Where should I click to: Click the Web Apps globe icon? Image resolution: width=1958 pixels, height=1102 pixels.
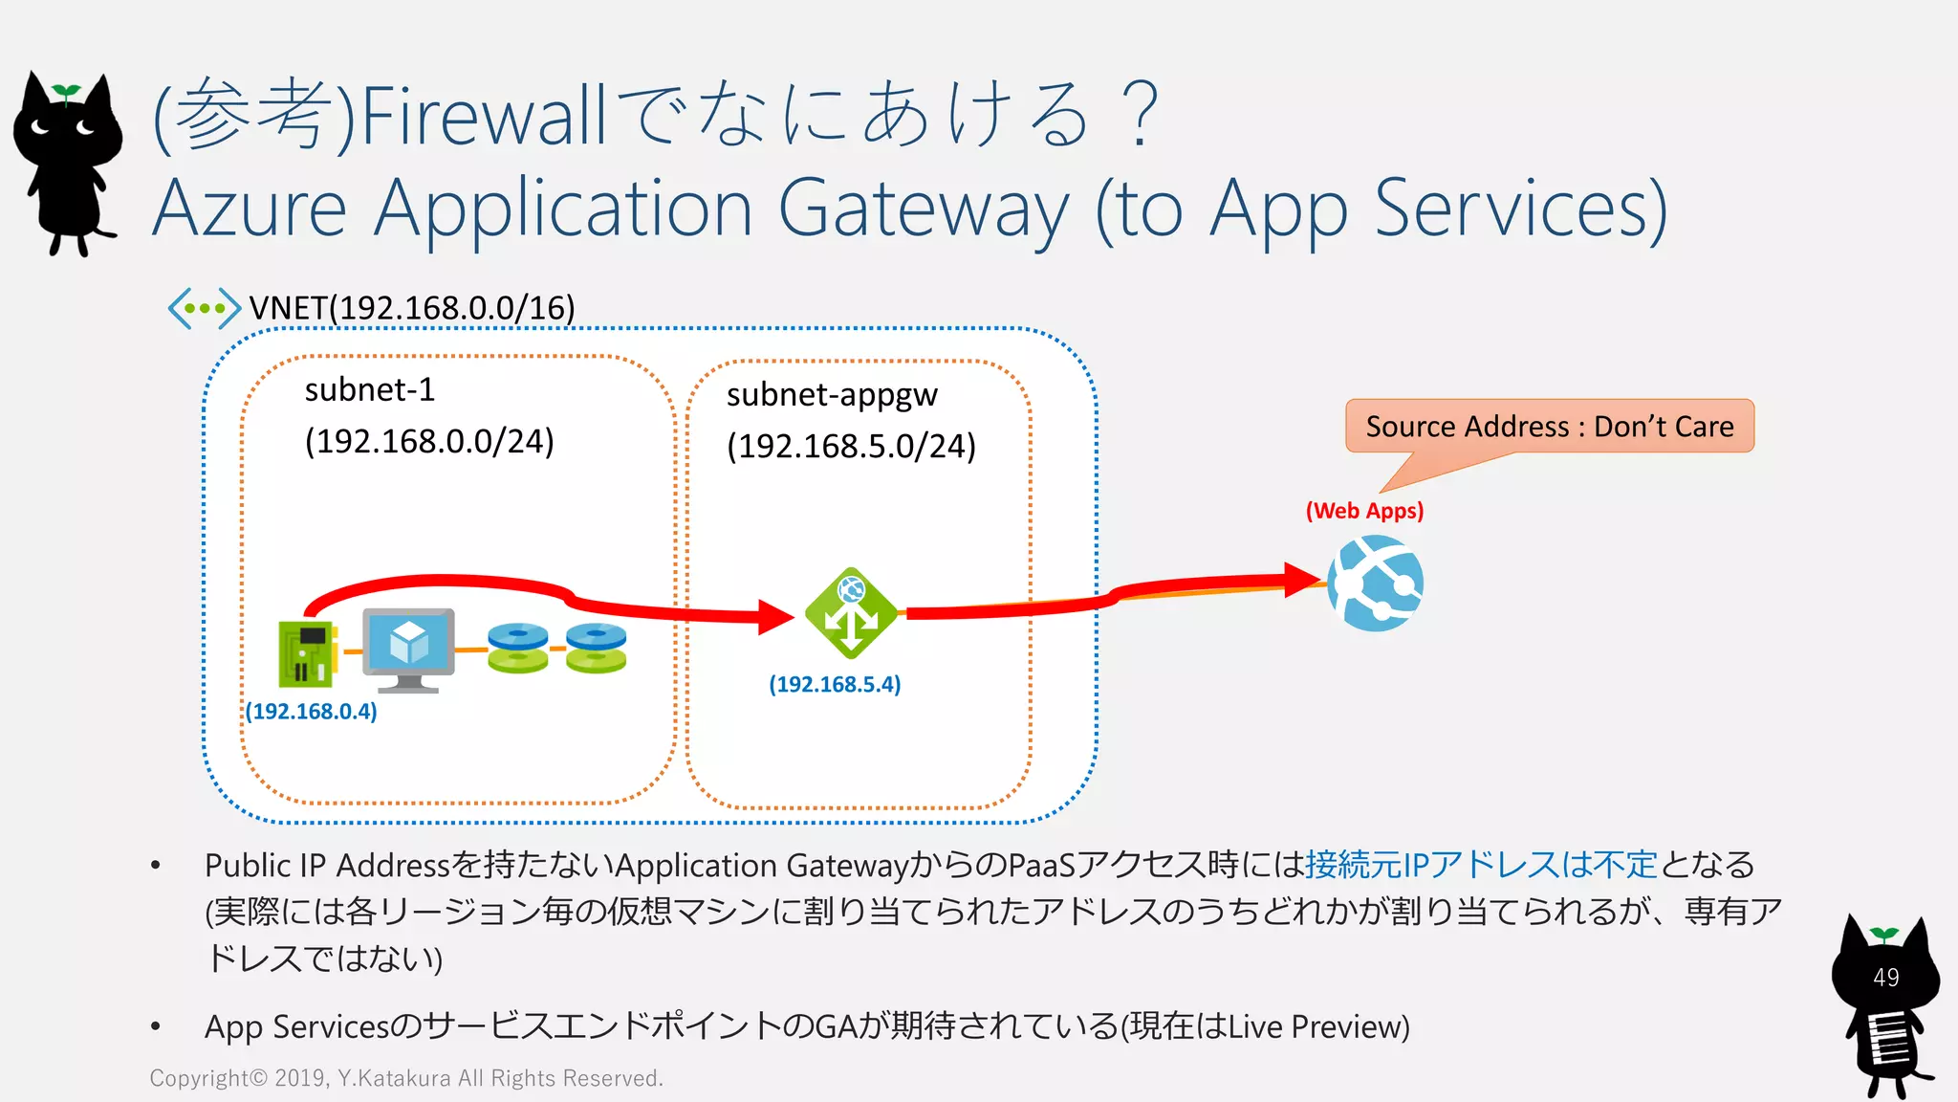(x=1375, y=583)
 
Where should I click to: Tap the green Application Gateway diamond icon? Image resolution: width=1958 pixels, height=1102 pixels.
(x=851, y=613)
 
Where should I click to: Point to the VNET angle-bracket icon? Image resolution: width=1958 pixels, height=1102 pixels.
(x=204, y=308)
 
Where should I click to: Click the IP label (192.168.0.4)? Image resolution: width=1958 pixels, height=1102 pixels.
(x=312, y=712)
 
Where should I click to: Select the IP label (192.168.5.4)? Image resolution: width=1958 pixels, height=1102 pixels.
(x=835, y=685)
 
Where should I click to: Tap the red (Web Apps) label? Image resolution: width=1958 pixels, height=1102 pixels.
(x=1364, y=511)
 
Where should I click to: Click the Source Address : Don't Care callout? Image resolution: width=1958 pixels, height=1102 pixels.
(x=1549, y=427)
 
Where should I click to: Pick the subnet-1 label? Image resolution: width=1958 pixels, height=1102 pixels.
(x=370, y=390)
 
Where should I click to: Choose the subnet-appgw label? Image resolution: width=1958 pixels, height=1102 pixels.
(x=832, y=395)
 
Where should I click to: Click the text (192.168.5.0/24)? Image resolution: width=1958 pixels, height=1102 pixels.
(x=851, y=447)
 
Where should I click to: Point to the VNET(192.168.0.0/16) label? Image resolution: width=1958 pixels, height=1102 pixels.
(x=412, y=308)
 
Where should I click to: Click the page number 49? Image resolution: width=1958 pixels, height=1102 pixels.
(x=1885, y=978)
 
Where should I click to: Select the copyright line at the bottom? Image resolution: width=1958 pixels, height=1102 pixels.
(x=406, y=1078)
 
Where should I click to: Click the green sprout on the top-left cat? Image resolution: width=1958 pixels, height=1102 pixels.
(x=66, y=92)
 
